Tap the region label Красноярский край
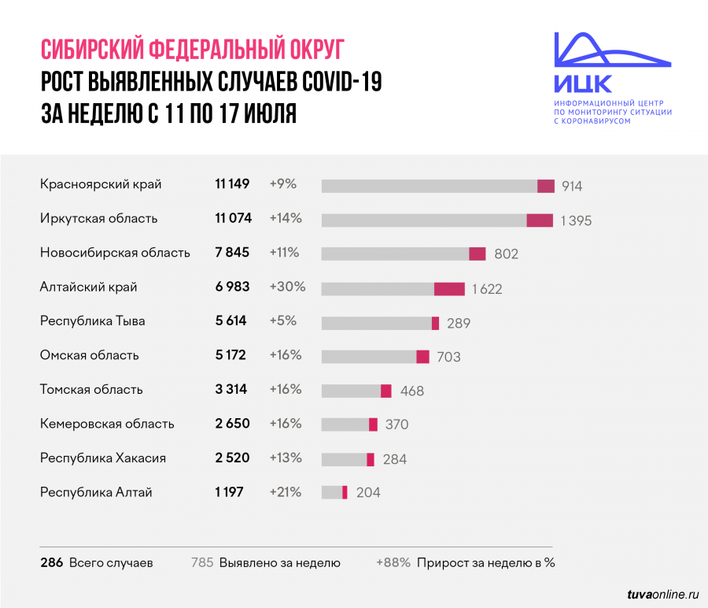point(101,184)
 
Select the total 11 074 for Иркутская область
point(232,218)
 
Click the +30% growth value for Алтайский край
point(287,287)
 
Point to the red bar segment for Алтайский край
point(449,289)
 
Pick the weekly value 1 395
point(576,221)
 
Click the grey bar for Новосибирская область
point(395,254)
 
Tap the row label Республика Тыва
point(92,321)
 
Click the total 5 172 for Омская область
point(230,355)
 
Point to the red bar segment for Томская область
point(386,391)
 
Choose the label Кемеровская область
point(107,424)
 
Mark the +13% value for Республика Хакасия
point(286,458)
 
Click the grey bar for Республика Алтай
point(332,492)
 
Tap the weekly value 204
point(368,493)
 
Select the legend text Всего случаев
point(111,563)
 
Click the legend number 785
point(203,563)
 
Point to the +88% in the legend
point(393,563)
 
